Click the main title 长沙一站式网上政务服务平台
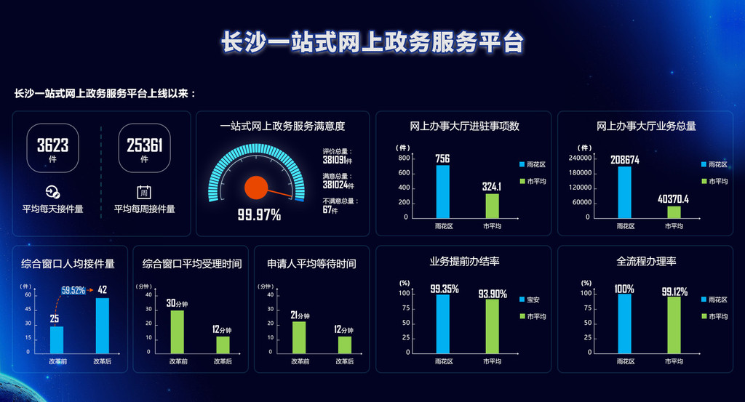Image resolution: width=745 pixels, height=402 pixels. coord(372,42)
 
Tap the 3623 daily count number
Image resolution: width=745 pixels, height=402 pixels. coord(52,145)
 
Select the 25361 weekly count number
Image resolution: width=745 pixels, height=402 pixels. coord(144,145)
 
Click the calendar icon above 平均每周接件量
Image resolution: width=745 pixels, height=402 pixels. coord(144,193)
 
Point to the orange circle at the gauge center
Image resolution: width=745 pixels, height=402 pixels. coord(255,187)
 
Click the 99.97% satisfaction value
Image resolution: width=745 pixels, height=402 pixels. coord(259,214)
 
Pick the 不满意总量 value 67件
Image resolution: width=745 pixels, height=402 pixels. coord(330,211)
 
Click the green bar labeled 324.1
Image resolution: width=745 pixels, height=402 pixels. coord(493,206)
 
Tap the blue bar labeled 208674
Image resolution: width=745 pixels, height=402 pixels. coord(624,193)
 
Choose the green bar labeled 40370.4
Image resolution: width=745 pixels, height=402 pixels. coord(674,212)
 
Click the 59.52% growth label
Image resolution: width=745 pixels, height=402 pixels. coord(73,290)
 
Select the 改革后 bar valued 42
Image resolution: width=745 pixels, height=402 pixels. coord(102,325)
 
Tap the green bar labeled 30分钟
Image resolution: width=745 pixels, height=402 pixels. coord(177,331)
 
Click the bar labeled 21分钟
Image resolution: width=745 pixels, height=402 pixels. coord(299,337)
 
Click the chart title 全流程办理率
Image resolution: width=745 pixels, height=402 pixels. coord(646,261)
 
